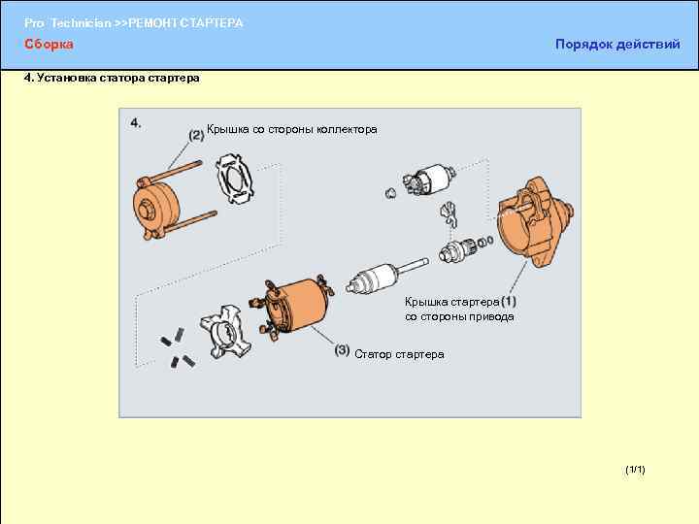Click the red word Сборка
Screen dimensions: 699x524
[49, 44]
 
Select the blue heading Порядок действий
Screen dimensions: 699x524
[617, 44]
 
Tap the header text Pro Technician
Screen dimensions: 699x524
[67, 23]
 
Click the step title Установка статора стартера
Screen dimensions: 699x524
[118, 78]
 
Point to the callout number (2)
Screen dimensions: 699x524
[196, 135]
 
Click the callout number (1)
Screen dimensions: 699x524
[508, 302]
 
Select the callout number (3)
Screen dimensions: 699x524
[342, 350]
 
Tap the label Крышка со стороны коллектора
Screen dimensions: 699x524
[292, 130]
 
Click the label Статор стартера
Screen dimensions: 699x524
[399, 355]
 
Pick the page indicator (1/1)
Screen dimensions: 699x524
[635, 470]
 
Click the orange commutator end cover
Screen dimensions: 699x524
[156, 206]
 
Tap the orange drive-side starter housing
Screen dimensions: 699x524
[534, 223]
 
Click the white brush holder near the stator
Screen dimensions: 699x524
[225, 332]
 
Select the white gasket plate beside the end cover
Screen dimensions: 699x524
[235, 179]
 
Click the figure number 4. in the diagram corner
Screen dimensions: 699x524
[136, 123]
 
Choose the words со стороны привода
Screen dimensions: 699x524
[459, 316]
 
